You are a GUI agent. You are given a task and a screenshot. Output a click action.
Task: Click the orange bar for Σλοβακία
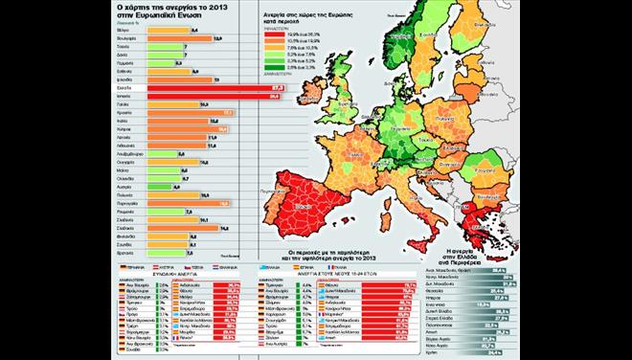click(x=188, y=228)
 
